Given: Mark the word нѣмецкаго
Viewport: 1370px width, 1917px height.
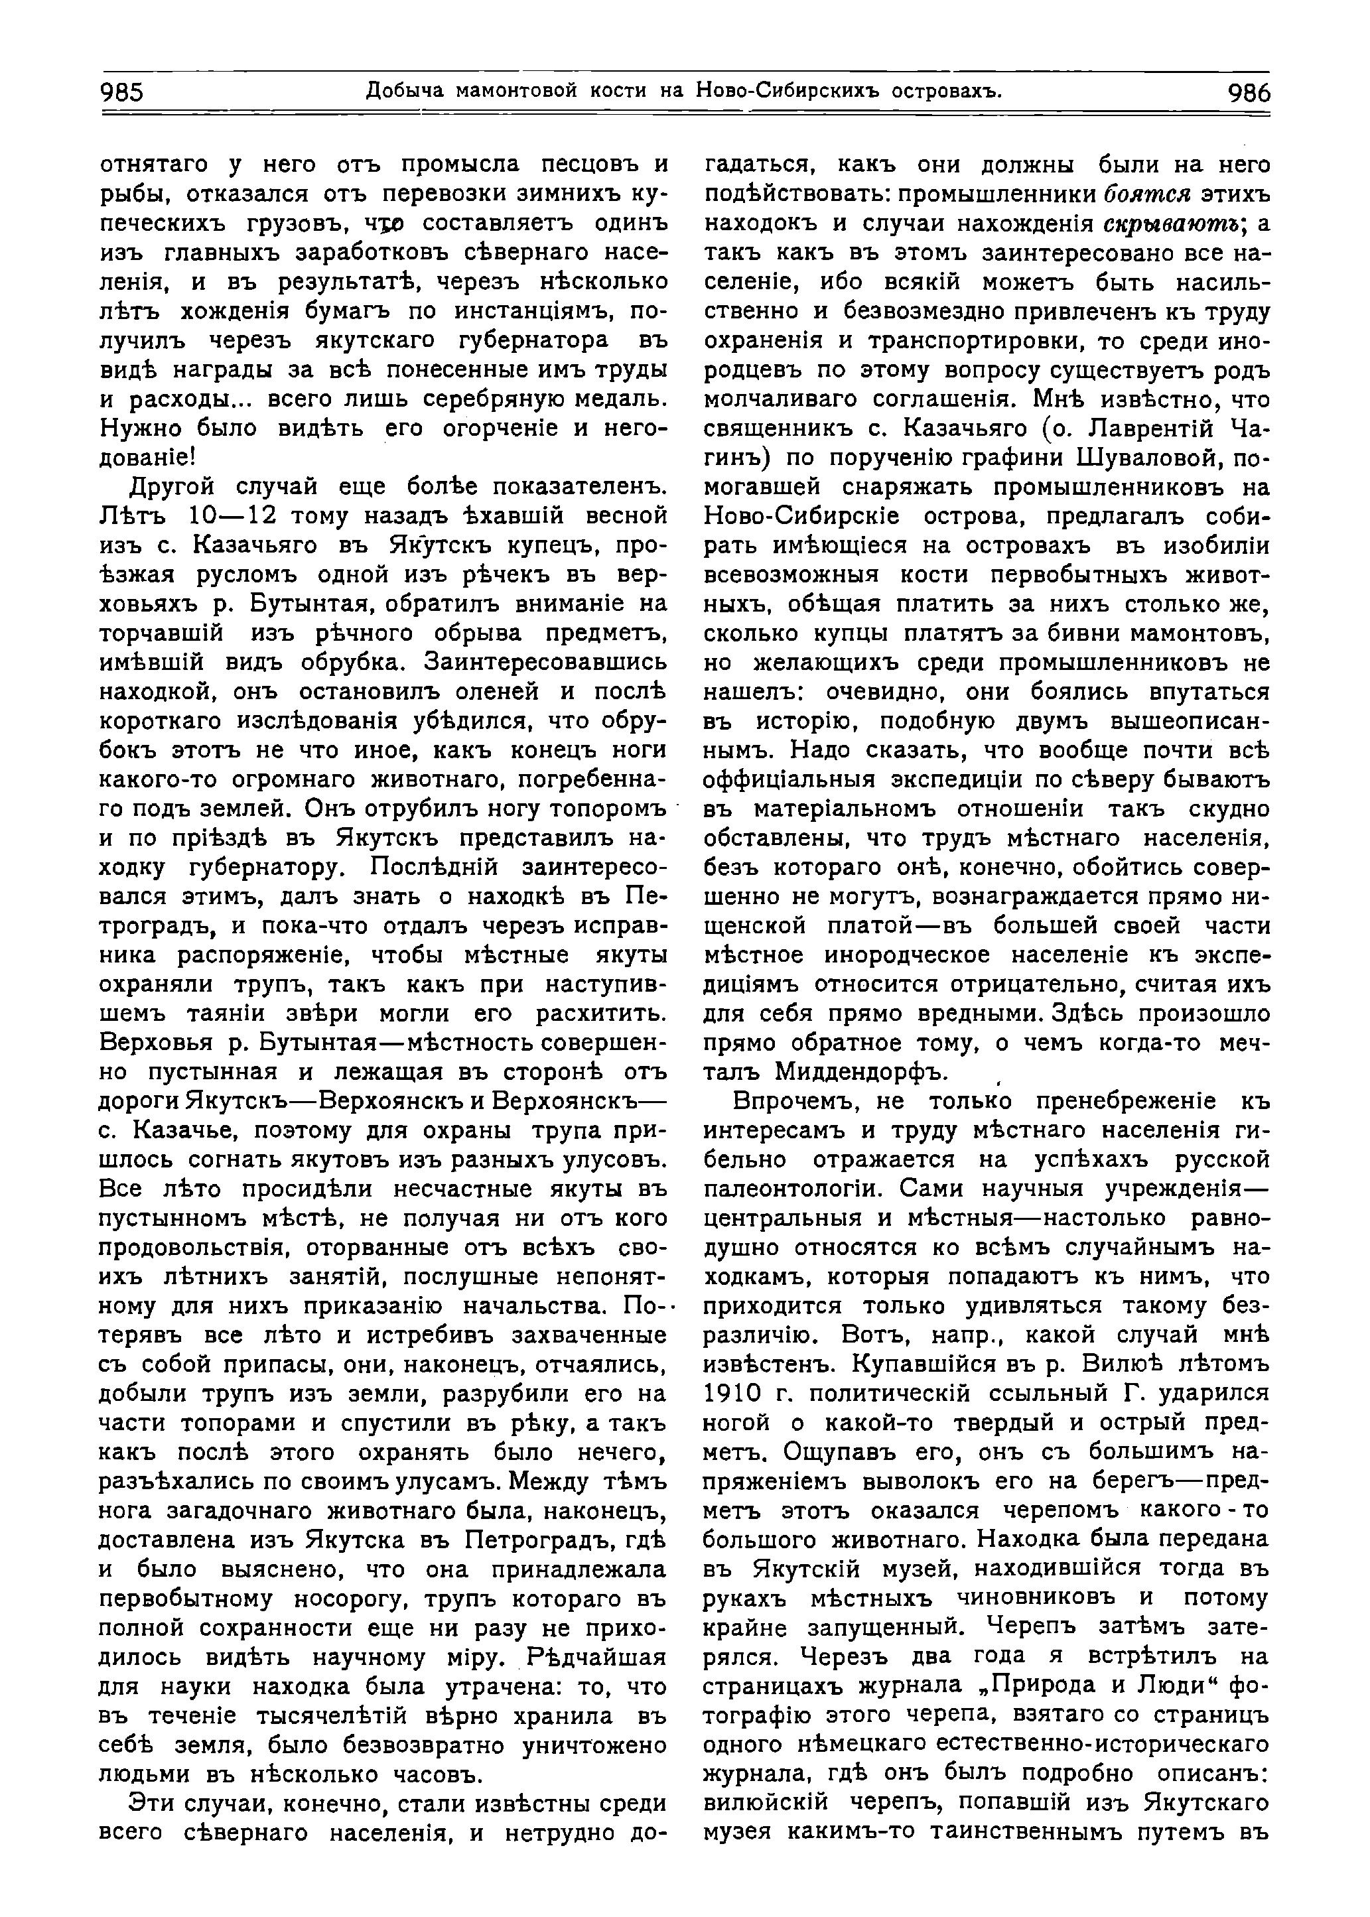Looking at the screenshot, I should point(855,1746).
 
